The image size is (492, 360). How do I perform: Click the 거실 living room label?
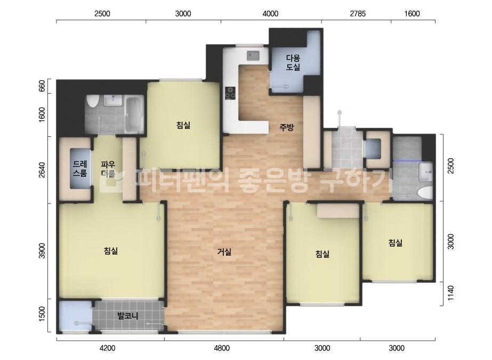(x=224, y=252)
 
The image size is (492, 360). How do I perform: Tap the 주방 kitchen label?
(x=286, y=127)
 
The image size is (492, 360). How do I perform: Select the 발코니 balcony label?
(x=128, y=315)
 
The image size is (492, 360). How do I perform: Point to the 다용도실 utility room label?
(x=293, y=62)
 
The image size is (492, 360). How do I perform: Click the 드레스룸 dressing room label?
(x=80, y=168)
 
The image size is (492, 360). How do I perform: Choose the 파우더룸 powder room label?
(x=108, y=169)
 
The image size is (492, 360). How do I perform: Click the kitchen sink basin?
(x=253, y=55)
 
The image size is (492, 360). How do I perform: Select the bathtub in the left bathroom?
(x=134, y=115)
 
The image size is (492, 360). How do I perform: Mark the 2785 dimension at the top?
(x=358, y=13)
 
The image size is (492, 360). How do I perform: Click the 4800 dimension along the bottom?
(x=222, y=348)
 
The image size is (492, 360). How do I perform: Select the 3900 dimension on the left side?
(x=42, y=251)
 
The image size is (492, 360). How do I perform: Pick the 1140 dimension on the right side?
(x=450, y=293)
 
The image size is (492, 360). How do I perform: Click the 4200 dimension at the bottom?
(x=107, y=348)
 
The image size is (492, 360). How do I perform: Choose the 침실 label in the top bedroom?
(x=183, y=126)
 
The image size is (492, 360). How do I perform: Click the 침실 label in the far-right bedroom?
(x=396, y=243)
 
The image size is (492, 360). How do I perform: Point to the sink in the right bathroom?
(x=426, y=172)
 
